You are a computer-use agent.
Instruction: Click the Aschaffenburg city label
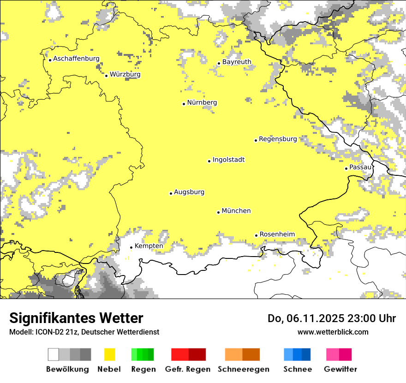click(76, 59)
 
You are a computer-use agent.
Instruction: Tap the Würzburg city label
click(125, 74)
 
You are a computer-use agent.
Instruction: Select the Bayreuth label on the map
click(237, 62)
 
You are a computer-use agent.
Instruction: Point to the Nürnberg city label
click(202, 103)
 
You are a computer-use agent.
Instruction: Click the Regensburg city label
click(278, 139)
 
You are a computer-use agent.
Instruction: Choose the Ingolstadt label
click(228, 160)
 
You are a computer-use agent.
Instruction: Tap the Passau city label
click(360, 167)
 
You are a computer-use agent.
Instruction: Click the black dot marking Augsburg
click(171, 193)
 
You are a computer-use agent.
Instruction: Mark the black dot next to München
click(218, 212)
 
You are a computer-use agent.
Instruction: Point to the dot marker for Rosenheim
click(256, 235)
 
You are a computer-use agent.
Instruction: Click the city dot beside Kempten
click(131, 247)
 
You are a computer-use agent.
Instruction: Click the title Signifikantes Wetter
click(76, 318)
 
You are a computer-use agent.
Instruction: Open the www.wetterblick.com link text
click(333, 332)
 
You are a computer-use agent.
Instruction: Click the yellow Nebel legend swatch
click(110, 354)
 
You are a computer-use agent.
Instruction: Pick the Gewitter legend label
click(340, 369)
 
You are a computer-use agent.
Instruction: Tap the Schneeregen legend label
click(243, 369)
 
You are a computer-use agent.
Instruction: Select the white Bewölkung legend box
click(54, 354)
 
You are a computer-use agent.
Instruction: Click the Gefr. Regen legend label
click(187, 369)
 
